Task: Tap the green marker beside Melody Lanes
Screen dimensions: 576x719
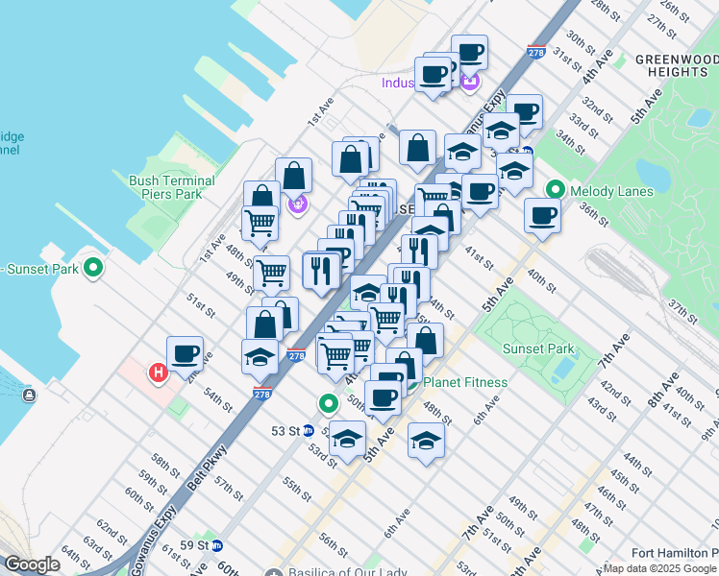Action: point(555,191)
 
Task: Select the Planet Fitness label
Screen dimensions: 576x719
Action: point(465,382)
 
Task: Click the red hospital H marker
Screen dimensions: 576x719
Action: point(157,372)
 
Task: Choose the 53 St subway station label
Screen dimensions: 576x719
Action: point(285,431)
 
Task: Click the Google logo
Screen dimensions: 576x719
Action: point(32,564)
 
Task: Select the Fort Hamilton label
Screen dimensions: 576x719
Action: point(674,552)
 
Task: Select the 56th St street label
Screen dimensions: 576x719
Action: point(333,545)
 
